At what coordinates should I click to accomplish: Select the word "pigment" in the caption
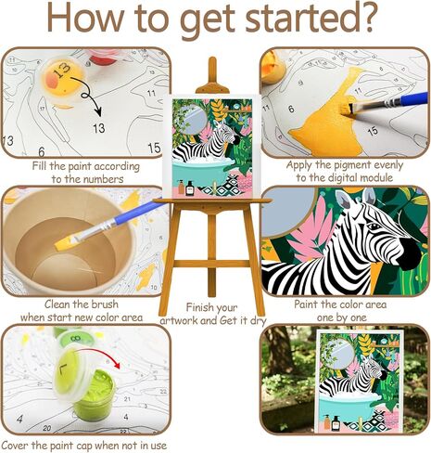(353, 165)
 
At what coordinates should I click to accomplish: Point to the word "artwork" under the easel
(182, 320)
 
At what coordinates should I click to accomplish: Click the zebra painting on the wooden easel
(214, 149)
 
